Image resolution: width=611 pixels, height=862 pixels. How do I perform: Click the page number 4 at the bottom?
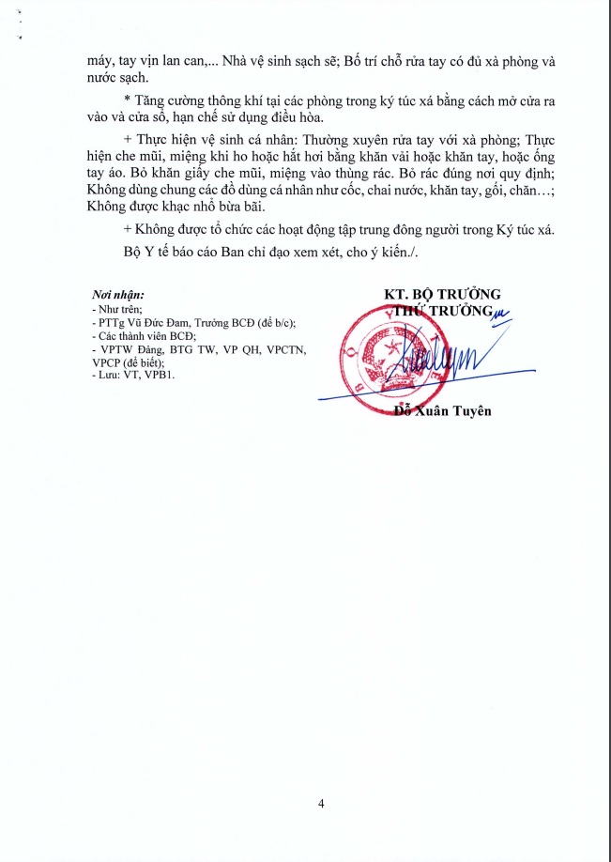coord(321,804)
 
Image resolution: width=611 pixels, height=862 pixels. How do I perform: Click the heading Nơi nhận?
coord(118,295)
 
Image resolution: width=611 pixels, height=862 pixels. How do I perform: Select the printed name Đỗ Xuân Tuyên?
coord(442,410)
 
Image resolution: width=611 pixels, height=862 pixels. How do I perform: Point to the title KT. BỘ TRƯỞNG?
coord(443,294)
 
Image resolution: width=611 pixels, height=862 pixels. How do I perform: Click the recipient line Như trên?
coord(115,308)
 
